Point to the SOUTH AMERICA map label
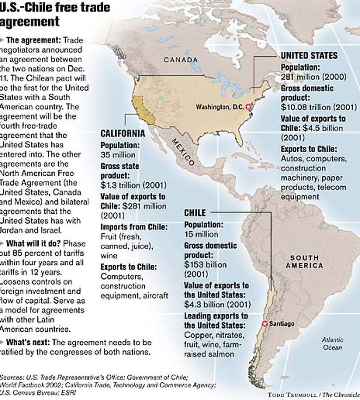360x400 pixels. pyautogui.click(x=304, y=261)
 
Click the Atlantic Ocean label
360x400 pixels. pyautogui.click(x=332, y=344)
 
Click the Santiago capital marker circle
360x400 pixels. pyautogui.click(x=265, y=324)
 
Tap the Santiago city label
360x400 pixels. pyautogui.click(x=281, y=324)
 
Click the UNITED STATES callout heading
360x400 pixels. pyautogui.click(x=309, y=55)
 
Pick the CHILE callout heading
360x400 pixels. pyautogui.click(x=195, y=213)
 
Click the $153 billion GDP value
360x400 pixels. pyautogui.click(x=205, y=265)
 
